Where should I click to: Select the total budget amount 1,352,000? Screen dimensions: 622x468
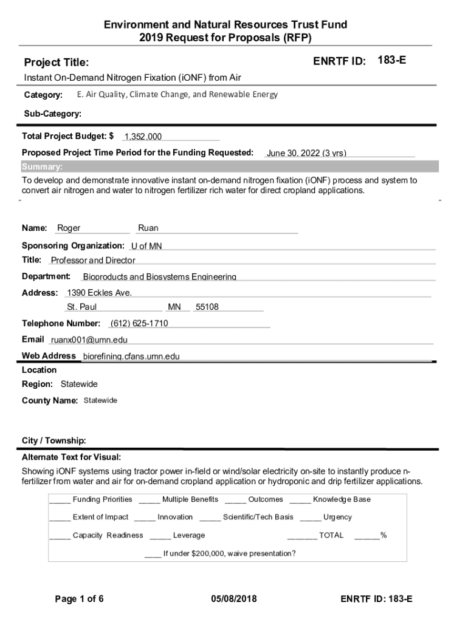pyautogui.click(x=143, y=137)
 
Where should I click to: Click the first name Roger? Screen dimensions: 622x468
pyautogui.click(x=69, y=228)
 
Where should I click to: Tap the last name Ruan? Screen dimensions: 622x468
pyautogui.click(x=148, y=228)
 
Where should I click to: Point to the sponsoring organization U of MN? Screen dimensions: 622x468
pyautogui.click(x=146, y=247)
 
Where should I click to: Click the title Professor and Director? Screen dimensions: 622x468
pyautogui.click(x=93, y=261)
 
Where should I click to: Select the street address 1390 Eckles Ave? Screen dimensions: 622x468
pyautogui.click(x=99, y=293)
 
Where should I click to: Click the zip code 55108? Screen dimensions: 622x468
pyautogui.click(x=207, y=307)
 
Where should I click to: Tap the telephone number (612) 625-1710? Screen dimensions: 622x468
pyautogui.click(x=139, y=323)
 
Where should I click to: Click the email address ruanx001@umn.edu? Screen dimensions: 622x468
pyautogui.click(x=89, y=340)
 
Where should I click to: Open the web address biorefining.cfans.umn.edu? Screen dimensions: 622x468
pyautogui.click(x=131, y=357)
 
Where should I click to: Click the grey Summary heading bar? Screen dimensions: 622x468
pyautogui.click(x=229, y=167)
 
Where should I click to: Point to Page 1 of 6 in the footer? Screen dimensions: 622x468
pyautogui.click(x=79, y=599)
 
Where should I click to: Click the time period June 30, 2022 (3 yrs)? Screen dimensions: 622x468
pyautogui.click(x=306, y=154)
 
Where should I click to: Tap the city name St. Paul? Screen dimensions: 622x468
pyautogui.click(x=82, y=307)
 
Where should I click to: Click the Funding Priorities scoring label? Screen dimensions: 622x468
pyautogui.click(x=102, y=499)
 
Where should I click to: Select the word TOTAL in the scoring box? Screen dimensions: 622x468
pyautogui.click(x=331, y=535)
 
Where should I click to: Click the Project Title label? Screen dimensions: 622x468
pyautogui.click(x=56, y=63)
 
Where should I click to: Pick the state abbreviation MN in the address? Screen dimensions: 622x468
pyautogui.click(x=174, y=307)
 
